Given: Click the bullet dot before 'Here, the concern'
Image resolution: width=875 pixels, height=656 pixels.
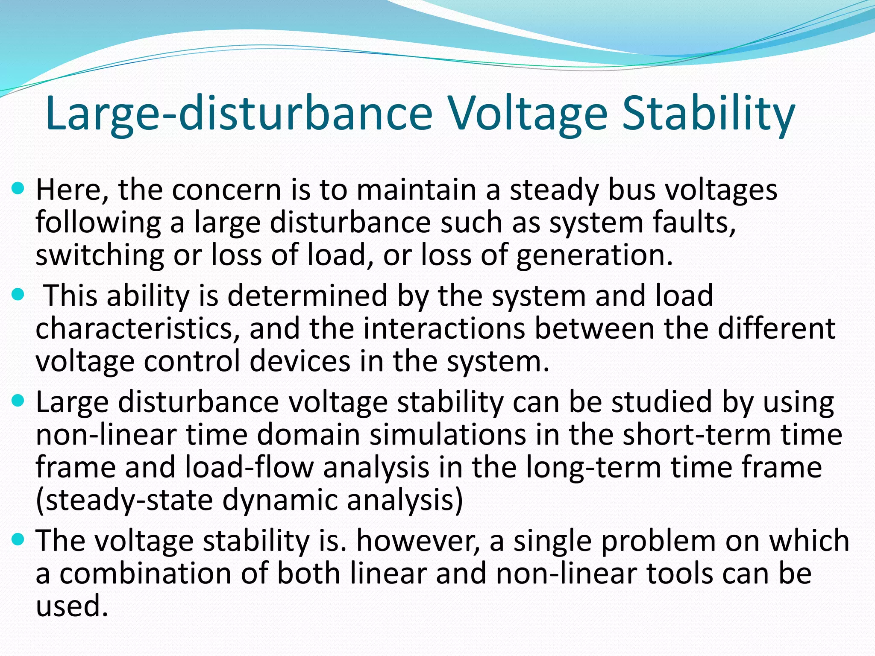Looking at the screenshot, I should pyautogui.click(x=18, y=188).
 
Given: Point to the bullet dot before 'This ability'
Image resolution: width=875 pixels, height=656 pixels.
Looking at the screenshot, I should pyautogui.click(x=18, y=294).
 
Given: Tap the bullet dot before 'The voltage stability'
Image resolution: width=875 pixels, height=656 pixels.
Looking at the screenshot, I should pyautogui.click(x=18, y=539).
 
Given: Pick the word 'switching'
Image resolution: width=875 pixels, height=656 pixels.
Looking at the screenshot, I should pyautogui.click(x=100, y=255).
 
